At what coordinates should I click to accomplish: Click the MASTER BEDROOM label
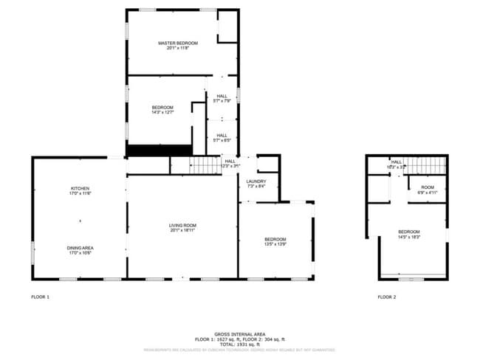pyautogui.click(x=177, y=44)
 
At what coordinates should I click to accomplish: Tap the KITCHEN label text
pyautogui.click(x=80, y=189)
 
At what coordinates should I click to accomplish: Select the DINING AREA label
pyautogui.click(x=80, y=248)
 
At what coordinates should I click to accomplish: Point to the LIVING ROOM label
pyautogui.click(x=182, y=226)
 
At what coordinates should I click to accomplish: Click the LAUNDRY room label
pyautogui.click(x=256, y=181)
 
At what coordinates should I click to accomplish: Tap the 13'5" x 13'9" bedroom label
pyautogui.click(x=275, y=240)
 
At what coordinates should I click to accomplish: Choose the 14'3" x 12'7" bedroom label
pyautogui.click(x=162, y=108)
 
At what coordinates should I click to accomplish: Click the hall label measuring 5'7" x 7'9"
pyautogui.click(x=222, y=97)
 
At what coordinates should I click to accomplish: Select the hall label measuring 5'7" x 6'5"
pyautogui.click(x=222, y=136)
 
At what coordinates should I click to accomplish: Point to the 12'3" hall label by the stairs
pyautogui.click(x=230, y=162)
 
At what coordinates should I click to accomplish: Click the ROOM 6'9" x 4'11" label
pyautogui.click(x=428, y=188)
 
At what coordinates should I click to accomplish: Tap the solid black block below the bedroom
pyautogui.click(x=158, y=150)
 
